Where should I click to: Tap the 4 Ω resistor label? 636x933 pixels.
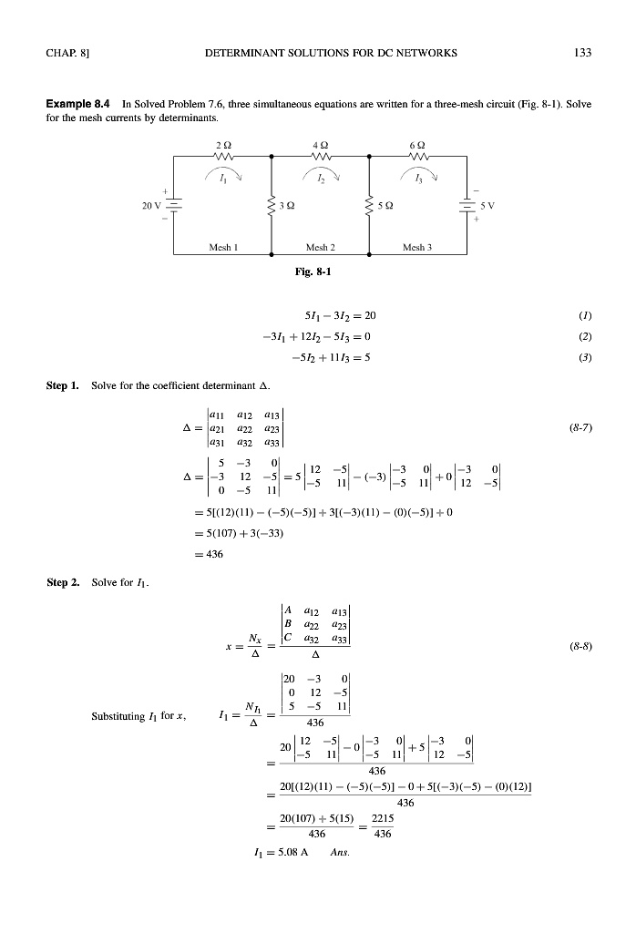[320, 143]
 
